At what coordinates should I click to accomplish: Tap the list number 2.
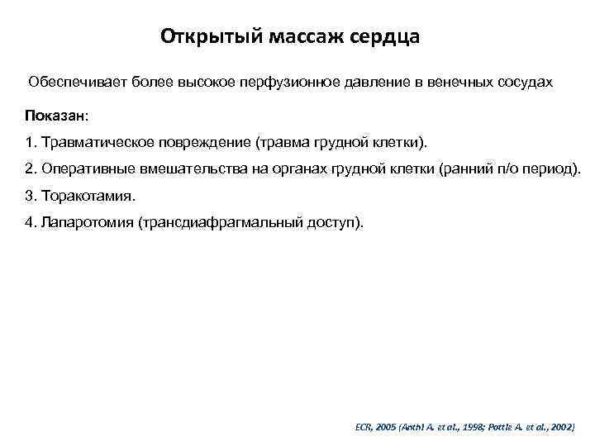tap(30, 169)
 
